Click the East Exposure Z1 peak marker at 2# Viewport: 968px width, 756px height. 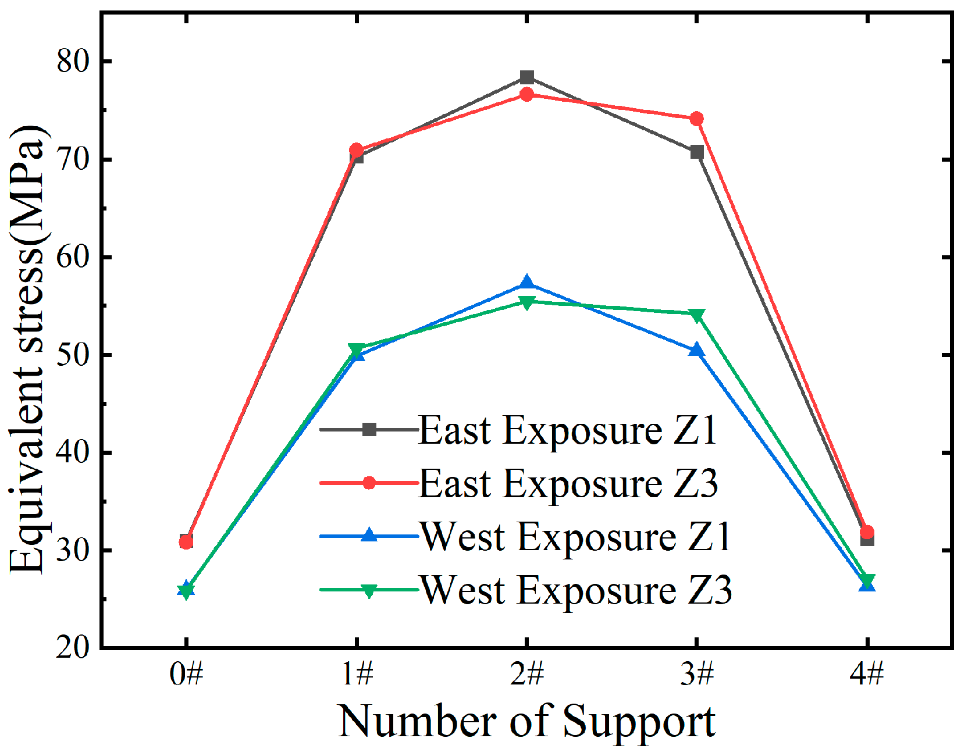[x=526, y=77]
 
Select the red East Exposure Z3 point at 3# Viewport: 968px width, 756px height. [x=696, y=119]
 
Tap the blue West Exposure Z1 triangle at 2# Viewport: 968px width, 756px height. [x=526, y=283]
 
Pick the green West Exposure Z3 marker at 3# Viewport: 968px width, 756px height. [x=696, y=315]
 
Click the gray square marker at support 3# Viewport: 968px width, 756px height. [x=696, y=152]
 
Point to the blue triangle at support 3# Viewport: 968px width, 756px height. [x=696, y=350]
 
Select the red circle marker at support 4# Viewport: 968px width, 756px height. [x=867, y=532]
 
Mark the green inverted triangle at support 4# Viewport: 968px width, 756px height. [x=867, y=580]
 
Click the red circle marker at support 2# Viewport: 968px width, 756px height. [x=526, y=94]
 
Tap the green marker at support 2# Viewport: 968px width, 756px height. [x=526, y=302]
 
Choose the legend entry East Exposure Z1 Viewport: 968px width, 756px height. [x=567, y=431]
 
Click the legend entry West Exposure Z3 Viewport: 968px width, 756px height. [x=576, y=590]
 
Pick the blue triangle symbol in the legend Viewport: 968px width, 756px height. [x=369, y=536]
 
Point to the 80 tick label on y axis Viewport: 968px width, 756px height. [x=73, y=61]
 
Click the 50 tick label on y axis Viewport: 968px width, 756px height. [x=73, y=355]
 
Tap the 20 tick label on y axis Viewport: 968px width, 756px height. [x=73, y=647]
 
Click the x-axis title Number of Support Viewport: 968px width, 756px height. [x=526, y=721]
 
